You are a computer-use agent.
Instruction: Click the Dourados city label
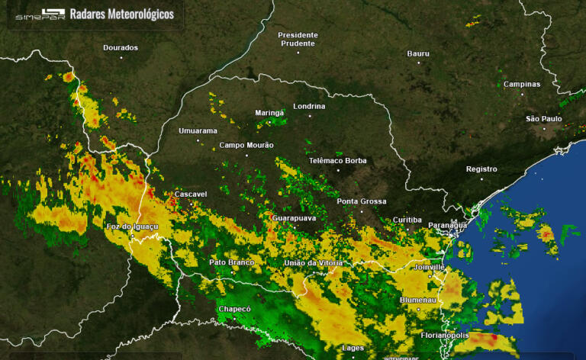pos(121,47)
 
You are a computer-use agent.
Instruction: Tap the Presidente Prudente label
pos(298,39)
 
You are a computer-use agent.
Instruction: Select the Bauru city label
pos(418,53)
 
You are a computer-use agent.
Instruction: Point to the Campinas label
pos(522,84)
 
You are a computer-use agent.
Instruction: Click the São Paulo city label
pos(544,118)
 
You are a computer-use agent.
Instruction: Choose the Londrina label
pos(309,106)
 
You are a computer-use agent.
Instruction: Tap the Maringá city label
pos(269,113)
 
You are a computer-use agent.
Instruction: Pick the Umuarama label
pos(198,130)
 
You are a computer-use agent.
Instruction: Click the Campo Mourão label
pos(246,145)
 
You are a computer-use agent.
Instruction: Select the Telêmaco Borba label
pos(337,160)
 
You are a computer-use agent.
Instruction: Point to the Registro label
pos(481,169)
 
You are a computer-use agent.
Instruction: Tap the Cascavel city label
pos(191,194)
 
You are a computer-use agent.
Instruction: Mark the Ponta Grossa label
pos(362,201)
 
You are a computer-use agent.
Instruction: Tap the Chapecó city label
pos(234,308)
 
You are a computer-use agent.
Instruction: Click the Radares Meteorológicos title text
pos(121,14)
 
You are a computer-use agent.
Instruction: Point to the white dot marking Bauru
pos(418,63)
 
